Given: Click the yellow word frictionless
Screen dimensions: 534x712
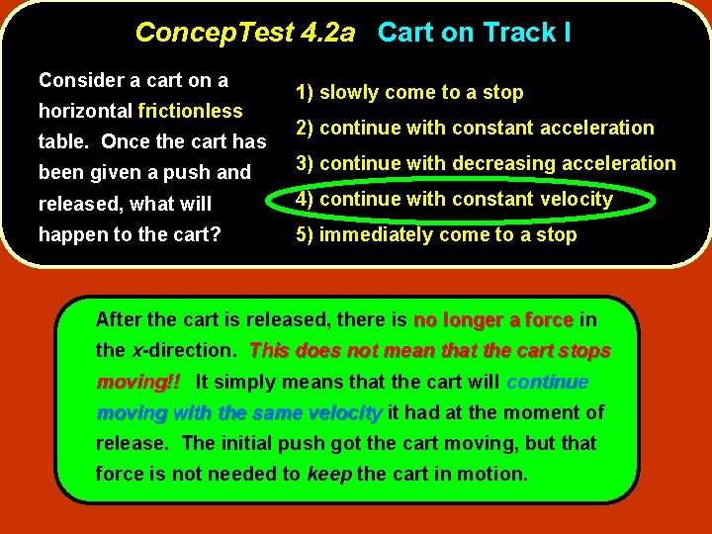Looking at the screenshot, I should pos(191,111).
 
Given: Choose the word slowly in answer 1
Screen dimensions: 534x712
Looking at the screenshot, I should pos(350,93).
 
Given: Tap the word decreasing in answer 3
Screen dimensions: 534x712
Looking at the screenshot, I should pos(487,164).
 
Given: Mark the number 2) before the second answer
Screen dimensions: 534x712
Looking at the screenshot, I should pos(305,129).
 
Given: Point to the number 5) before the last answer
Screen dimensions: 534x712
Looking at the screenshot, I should pos(305,235).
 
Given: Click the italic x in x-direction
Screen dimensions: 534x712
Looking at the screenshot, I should pos(135,351).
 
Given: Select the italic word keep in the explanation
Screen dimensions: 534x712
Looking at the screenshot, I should pos(329,474).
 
